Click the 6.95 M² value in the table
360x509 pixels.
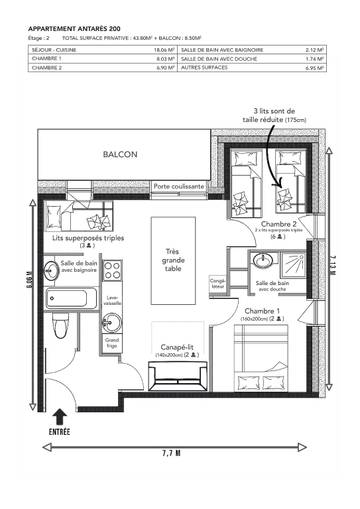pos(312,68)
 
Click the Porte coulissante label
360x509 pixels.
pos(179,187)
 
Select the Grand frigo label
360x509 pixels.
pos(113,343)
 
